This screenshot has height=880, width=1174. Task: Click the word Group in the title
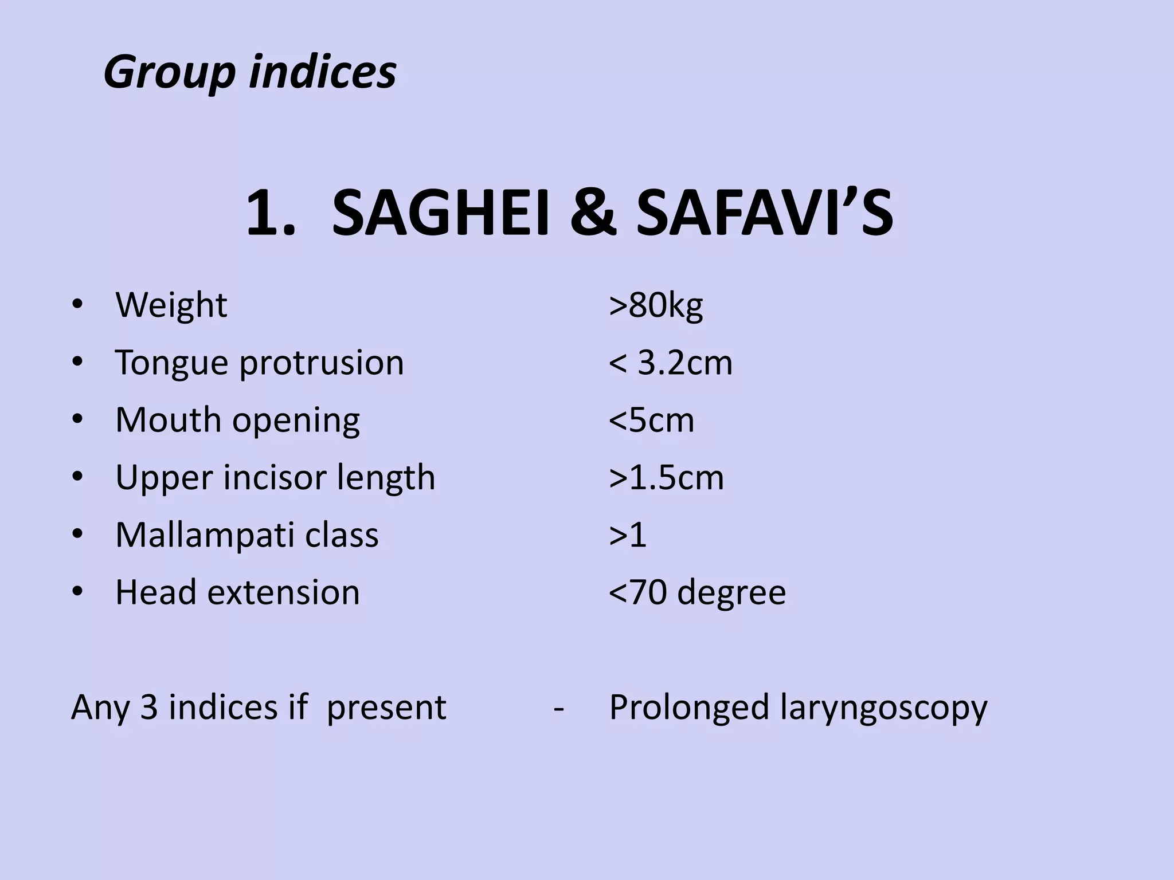169,73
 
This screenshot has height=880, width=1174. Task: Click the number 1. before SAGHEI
271,214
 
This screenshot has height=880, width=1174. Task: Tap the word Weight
171,305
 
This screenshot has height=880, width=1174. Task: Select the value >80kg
656,305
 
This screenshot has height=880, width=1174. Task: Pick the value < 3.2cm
671,363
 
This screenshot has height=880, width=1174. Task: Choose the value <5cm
651,421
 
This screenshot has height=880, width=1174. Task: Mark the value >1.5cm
666,478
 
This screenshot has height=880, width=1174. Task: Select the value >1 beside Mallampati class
628,535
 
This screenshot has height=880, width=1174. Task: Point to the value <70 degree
697,592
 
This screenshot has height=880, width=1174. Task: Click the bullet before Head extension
78,591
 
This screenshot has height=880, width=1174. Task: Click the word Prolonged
688,708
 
